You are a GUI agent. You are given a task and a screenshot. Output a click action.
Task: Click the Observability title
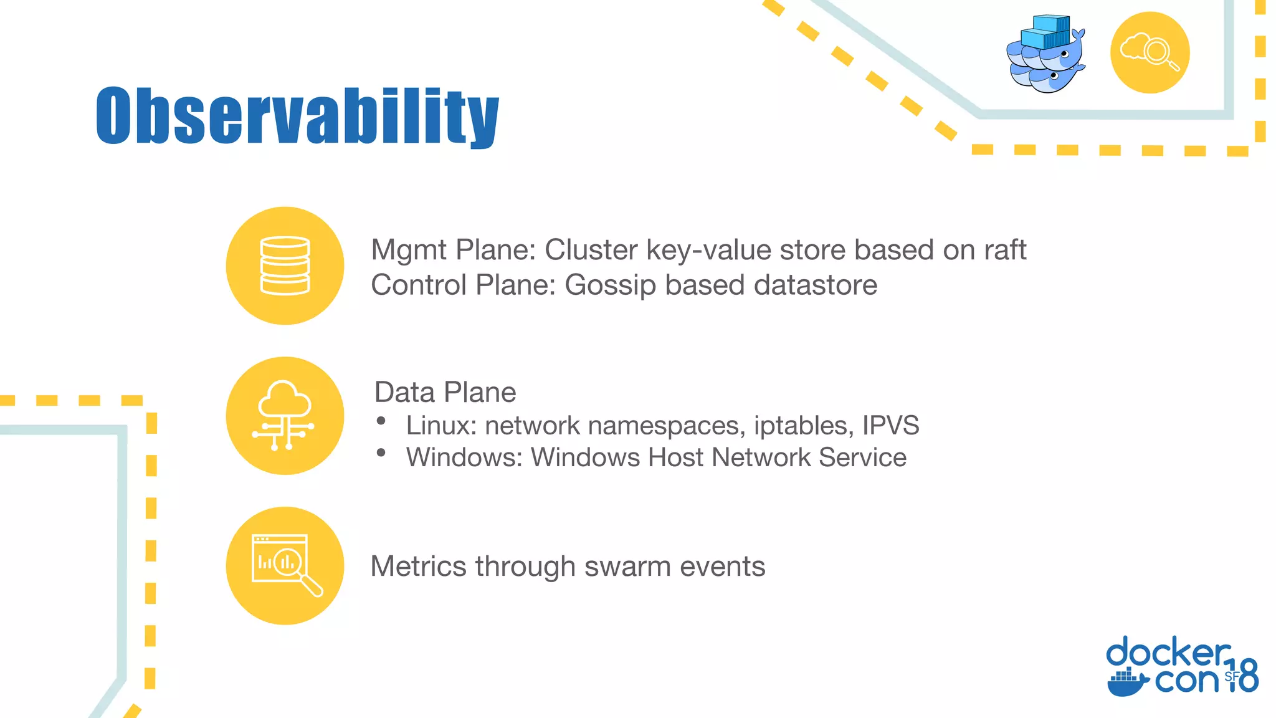(297, 117)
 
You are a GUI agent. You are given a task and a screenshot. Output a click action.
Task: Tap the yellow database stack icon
(285, 266)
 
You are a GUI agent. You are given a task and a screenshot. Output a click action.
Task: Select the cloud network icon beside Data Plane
(285, 416)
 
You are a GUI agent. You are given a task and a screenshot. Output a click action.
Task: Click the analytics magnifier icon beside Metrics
(285, 565)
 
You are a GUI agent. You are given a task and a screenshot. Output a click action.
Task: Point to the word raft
(1004, 250)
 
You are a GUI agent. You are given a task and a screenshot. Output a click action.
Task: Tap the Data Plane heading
(445, 393)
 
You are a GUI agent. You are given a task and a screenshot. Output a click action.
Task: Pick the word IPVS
(890, 426)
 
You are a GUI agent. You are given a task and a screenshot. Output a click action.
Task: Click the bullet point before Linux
(381, 421)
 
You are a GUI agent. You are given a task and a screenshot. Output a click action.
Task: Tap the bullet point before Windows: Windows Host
(381, 453)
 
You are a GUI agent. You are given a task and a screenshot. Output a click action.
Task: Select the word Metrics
(418, 567)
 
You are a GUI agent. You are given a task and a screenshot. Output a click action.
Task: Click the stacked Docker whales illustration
(1046, 54)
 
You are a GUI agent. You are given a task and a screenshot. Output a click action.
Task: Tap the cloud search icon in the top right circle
(1150, 52)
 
